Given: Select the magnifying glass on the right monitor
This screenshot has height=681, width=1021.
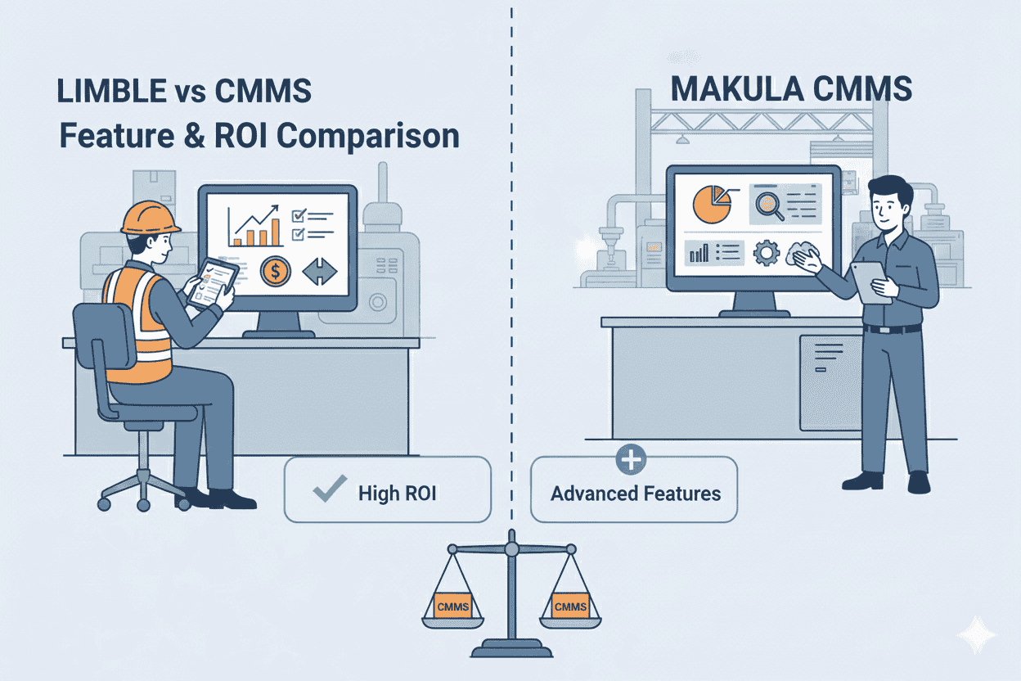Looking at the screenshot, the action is pyautogui.click(x=770, y=203).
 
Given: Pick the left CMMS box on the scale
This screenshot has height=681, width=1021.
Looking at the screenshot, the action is pyautogui.click(x=452, y=606).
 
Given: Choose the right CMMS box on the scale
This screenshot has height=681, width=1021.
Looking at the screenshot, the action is pyautogui.click(x=569, y=606).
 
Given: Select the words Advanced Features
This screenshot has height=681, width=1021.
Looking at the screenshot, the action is pyautogui.click(x=635, y=494).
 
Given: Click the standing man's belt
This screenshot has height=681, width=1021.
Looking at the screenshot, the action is pyautogui.click(x=892, y=329).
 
